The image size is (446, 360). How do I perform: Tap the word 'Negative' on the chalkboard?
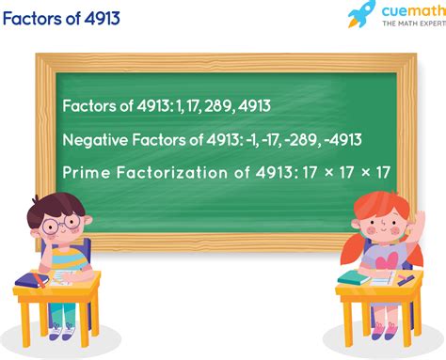[x=94, y=140]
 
